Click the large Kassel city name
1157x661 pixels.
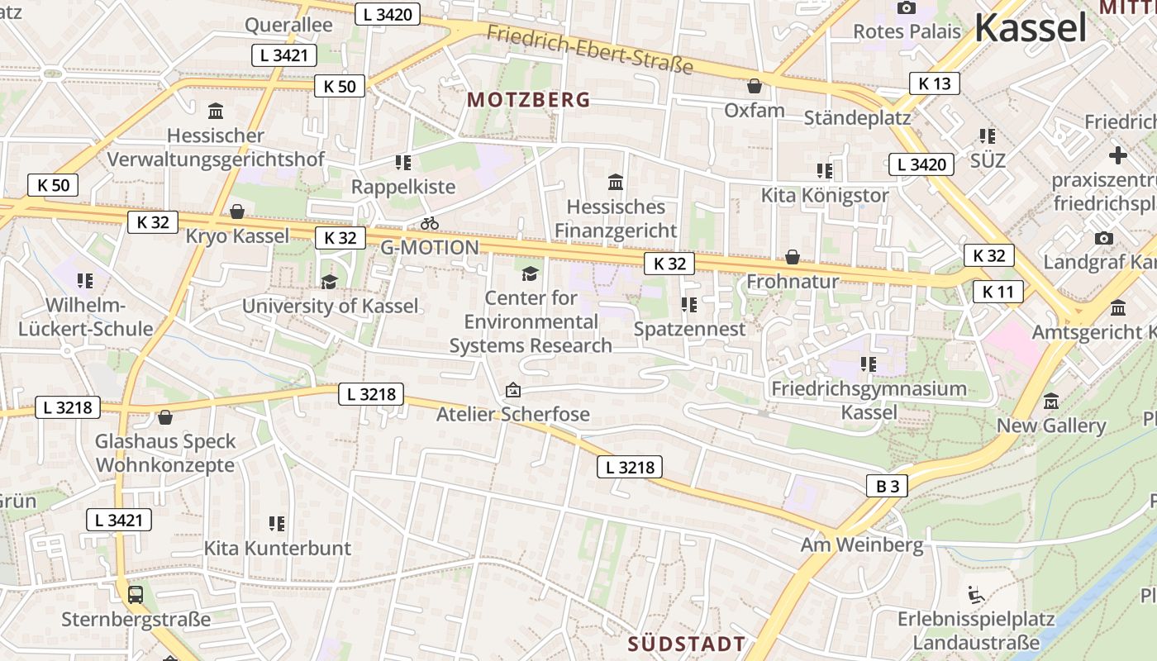(1030, 28)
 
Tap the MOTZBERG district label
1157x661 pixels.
(529, 100)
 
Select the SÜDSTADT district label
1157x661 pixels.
(686, 644)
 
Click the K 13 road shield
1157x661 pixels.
(935, 83)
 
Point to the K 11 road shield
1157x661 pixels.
(997, 292)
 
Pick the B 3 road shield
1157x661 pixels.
(887, 486)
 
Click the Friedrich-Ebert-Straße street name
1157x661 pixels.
(589, 49)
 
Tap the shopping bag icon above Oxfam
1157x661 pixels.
(754, 86)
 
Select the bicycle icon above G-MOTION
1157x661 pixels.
(429, 223)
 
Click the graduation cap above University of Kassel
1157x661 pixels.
(329, 282)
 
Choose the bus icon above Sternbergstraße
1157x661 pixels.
(135, 594)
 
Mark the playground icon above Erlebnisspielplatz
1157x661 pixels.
(975, 594)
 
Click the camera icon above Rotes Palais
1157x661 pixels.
(907, 8)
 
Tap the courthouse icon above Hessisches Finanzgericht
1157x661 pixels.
(616, 182)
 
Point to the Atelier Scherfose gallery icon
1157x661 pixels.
(512, 389)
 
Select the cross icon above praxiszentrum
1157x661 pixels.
(1117, 155)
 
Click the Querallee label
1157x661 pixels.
(288, 25)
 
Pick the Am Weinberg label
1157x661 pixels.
(861, 544)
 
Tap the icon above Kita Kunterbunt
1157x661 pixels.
(277, 523)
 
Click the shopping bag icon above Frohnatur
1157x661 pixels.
(792, 257)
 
